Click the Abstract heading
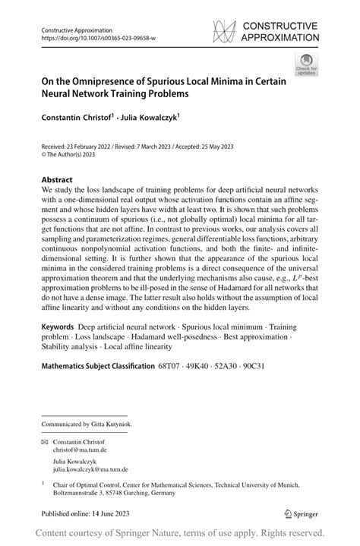pos(58,181)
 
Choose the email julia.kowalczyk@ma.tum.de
pos(94,470)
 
